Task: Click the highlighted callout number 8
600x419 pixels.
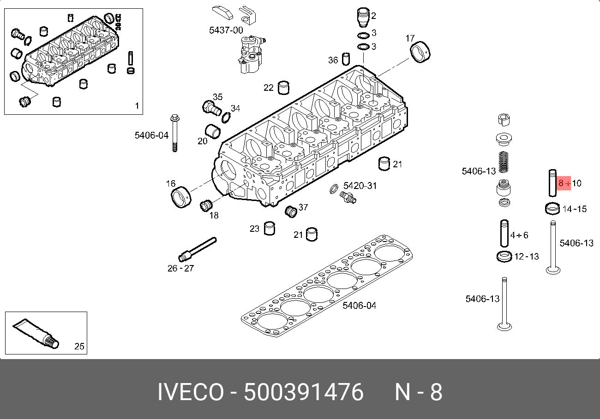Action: point(561,183)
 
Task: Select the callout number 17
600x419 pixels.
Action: point(410,38)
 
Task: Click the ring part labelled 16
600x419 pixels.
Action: point(180,197)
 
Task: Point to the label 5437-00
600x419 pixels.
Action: point(226,30)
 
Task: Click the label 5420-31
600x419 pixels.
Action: point(360,186)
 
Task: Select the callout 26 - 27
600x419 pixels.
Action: point(180,268)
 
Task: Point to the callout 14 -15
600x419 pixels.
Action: point(575,209)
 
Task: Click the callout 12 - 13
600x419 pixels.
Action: point(527,256)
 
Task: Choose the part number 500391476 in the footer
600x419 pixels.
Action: point(304,392)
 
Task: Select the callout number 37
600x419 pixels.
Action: point(303,207)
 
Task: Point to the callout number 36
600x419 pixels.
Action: point(333,60)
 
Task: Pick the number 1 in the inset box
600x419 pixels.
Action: point(137,106)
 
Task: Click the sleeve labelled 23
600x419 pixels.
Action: point(270,228)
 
